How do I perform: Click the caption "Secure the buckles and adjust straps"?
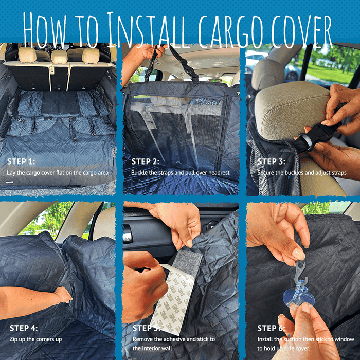[x=301, y=173]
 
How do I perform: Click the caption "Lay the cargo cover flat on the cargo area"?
[x=58, y=173]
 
